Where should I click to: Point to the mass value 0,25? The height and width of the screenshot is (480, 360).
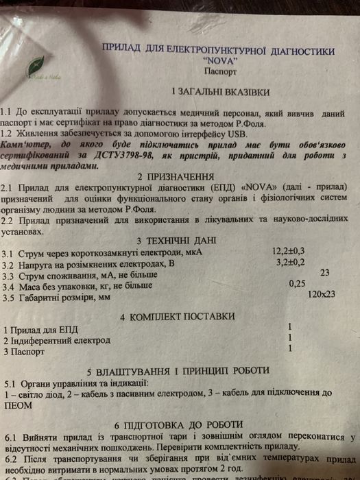pos(298,283)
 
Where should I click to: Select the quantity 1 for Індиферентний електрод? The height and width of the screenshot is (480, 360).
pos(291,338)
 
